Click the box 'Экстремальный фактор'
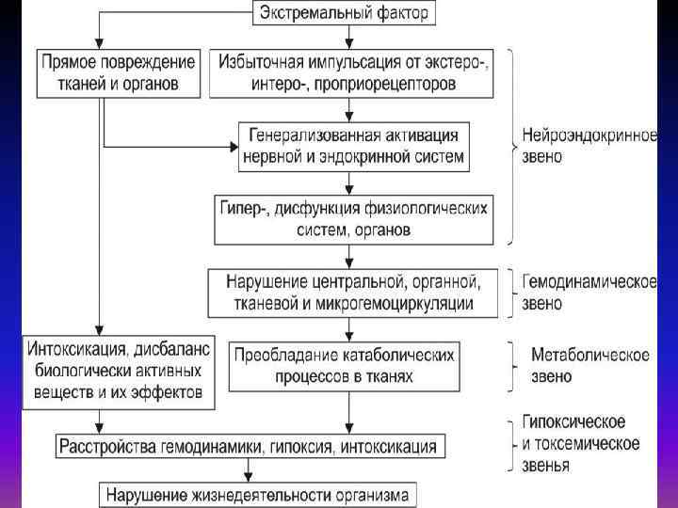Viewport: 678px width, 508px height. [x=349, y=13]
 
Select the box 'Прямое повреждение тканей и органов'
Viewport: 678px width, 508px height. [x=120, y=72]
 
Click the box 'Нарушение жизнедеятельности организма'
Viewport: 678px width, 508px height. [x=257, y=493]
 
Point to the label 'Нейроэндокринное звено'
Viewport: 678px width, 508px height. [x=589, y=145]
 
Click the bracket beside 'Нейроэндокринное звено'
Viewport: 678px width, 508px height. [x=510, y=145]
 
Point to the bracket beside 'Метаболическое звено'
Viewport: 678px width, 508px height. [x=512, y=365]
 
